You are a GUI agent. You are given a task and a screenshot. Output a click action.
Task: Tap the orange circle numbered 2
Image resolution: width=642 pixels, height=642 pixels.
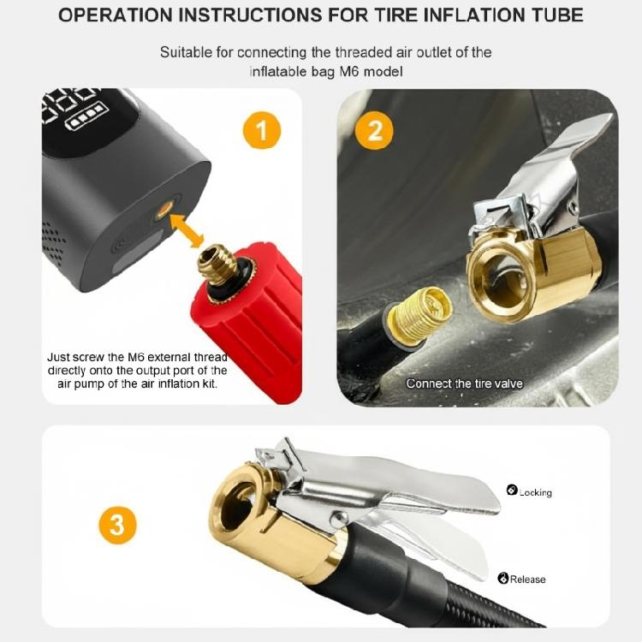[374, 131]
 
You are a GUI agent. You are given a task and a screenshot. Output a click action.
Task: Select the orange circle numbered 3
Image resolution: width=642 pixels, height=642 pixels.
[116, 525]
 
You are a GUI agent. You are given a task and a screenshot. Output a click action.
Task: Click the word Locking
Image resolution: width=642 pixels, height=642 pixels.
[535, 493]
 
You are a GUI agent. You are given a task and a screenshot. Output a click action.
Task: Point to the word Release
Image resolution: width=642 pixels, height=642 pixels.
[527, 580]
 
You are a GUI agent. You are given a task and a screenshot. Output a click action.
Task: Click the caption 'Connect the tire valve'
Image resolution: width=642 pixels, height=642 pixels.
[464, 383]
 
